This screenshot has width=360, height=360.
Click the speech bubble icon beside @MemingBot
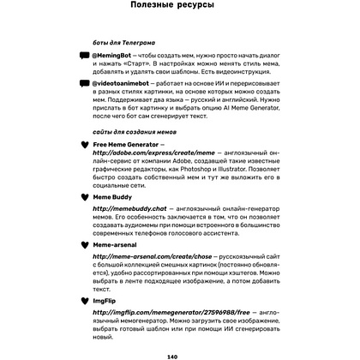[x=83, y=56]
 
